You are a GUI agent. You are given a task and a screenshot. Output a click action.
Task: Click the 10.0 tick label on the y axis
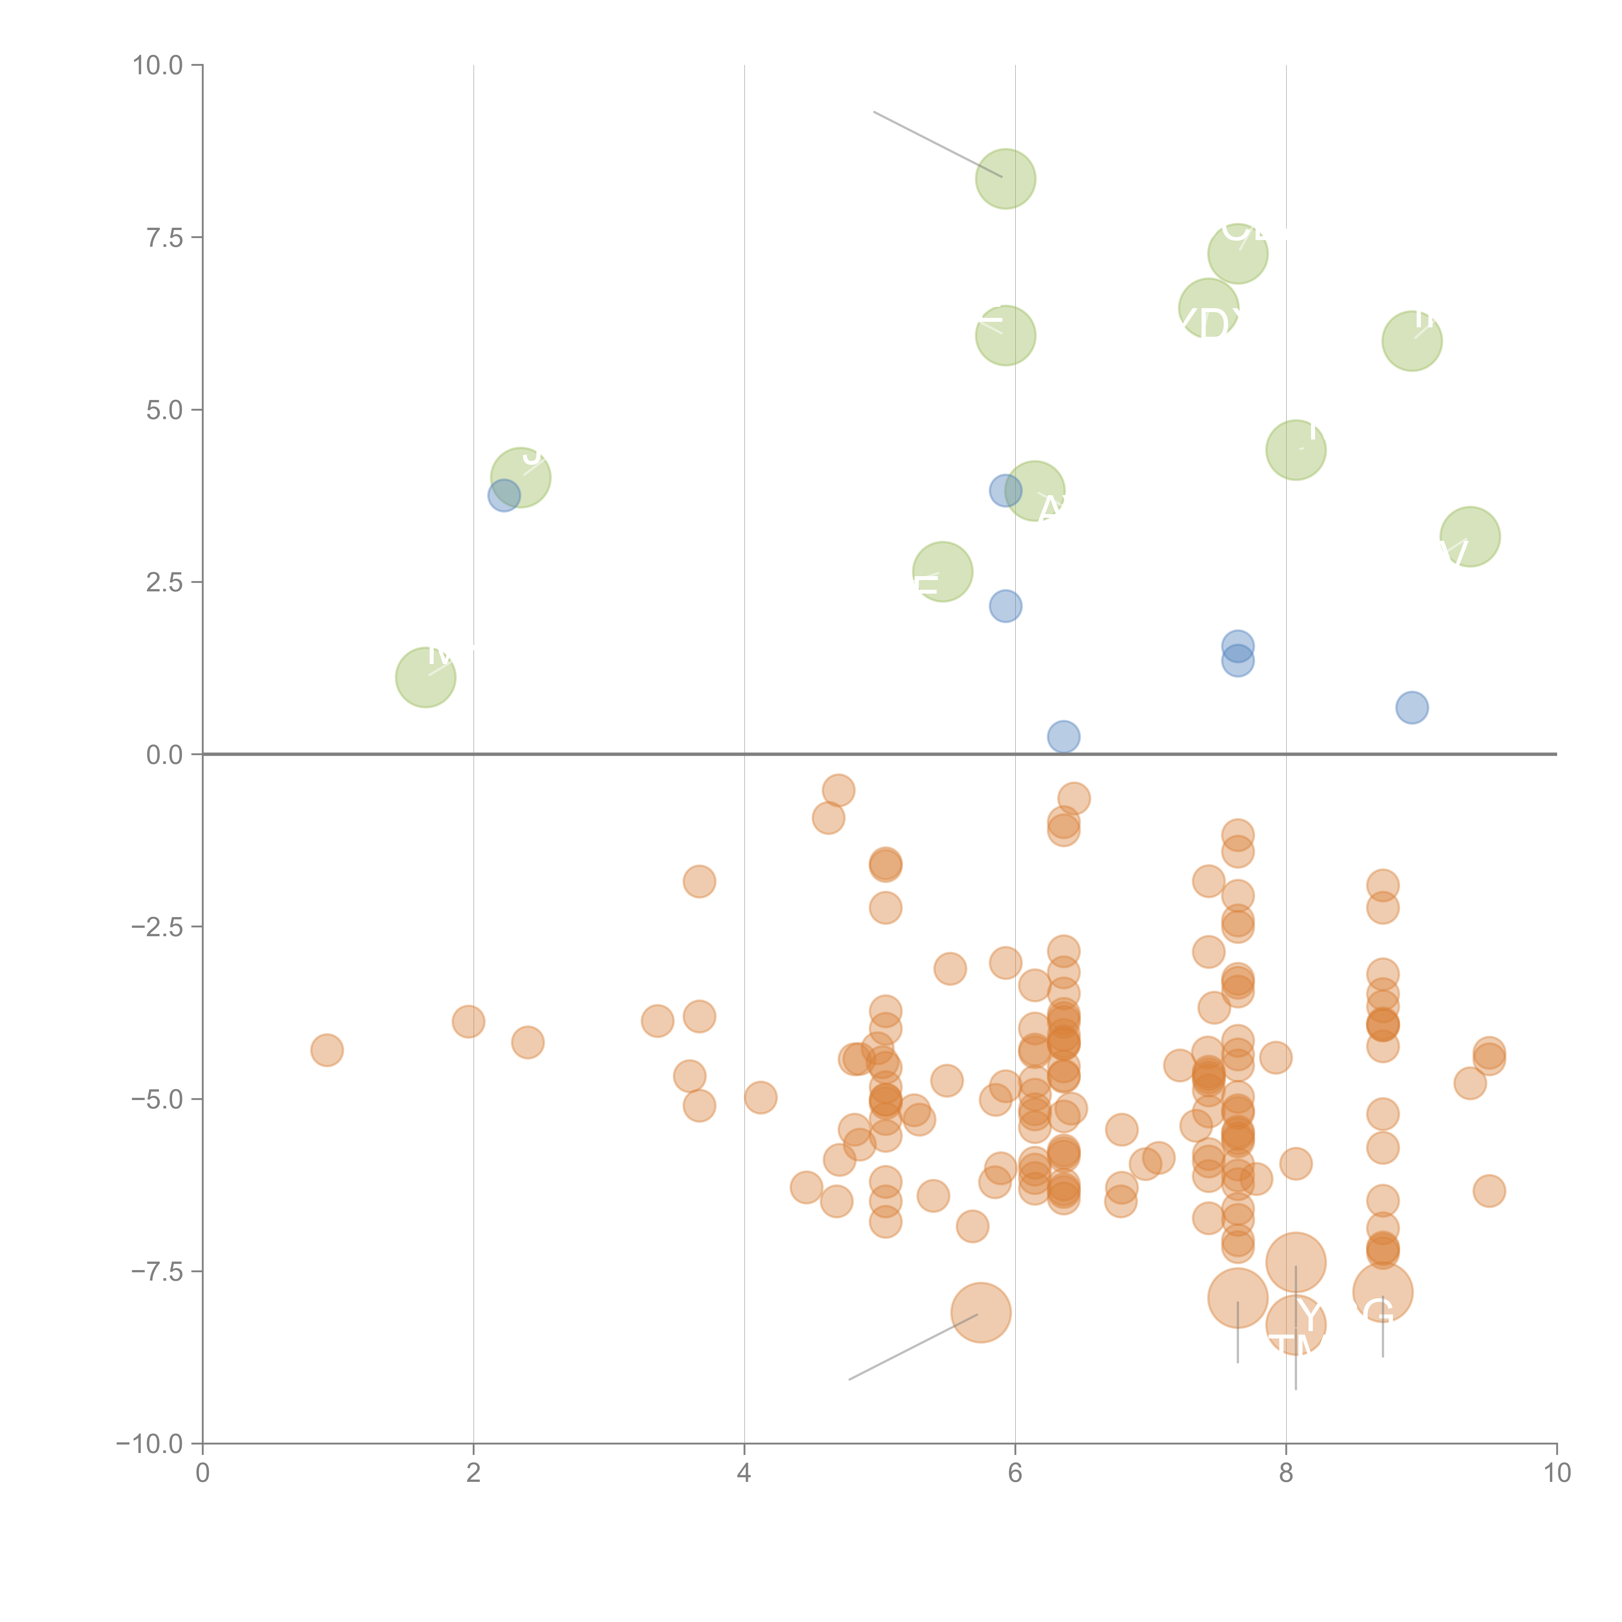click(x=158, y=66)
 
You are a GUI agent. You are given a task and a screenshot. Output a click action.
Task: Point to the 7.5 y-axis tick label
click(x=164, y=237)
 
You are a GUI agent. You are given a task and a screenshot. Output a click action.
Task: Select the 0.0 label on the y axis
click(x=164, y=755)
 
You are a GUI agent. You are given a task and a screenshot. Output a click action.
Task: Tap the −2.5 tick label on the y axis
click(x=158, y=927)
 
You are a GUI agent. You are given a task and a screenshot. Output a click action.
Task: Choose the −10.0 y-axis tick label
click(x=151, y=1444)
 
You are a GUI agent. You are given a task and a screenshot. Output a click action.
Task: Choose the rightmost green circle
click(x=1469, y=537)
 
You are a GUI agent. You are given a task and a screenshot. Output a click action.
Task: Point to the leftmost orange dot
click(x=327, y=1049)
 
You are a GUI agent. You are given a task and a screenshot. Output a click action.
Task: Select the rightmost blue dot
click(x=1412, y=708)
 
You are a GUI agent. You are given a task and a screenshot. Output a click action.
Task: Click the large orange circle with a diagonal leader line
click(x=981, y=1312)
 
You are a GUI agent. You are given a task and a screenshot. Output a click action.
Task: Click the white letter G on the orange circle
click(x=1379, y=1313)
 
